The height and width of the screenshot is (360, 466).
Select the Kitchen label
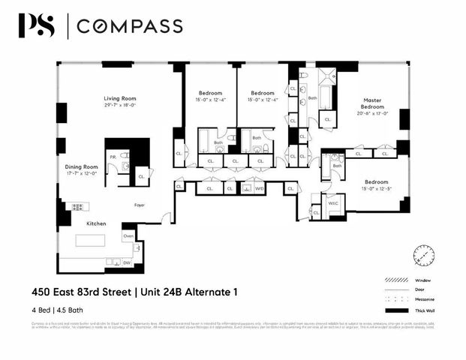(95, 223)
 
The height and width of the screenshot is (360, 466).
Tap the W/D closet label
(259, 189)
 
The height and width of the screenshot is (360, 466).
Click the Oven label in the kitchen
(128, 236)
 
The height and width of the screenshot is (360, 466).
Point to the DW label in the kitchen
(127, 263)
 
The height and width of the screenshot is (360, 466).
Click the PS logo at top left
(37, 26)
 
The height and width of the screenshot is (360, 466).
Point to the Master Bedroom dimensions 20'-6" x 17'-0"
(373, 116)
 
